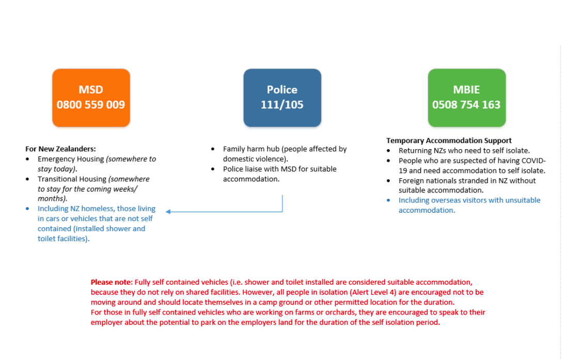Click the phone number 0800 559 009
(x=91, y=105)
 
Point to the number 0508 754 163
(x=466, y=105)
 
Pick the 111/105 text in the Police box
(x=282, y=105)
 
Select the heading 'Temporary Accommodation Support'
(x=449, y=140)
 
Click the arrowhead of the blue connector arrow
(x=168, y=211)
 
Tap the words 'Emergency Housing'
(x=71, y=159)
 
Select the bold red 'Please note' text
(x=111, y=282)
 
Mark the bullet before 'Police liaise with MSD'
(x=213, y=169)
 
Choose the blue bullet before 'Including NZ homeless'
(x=28, y=209)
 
